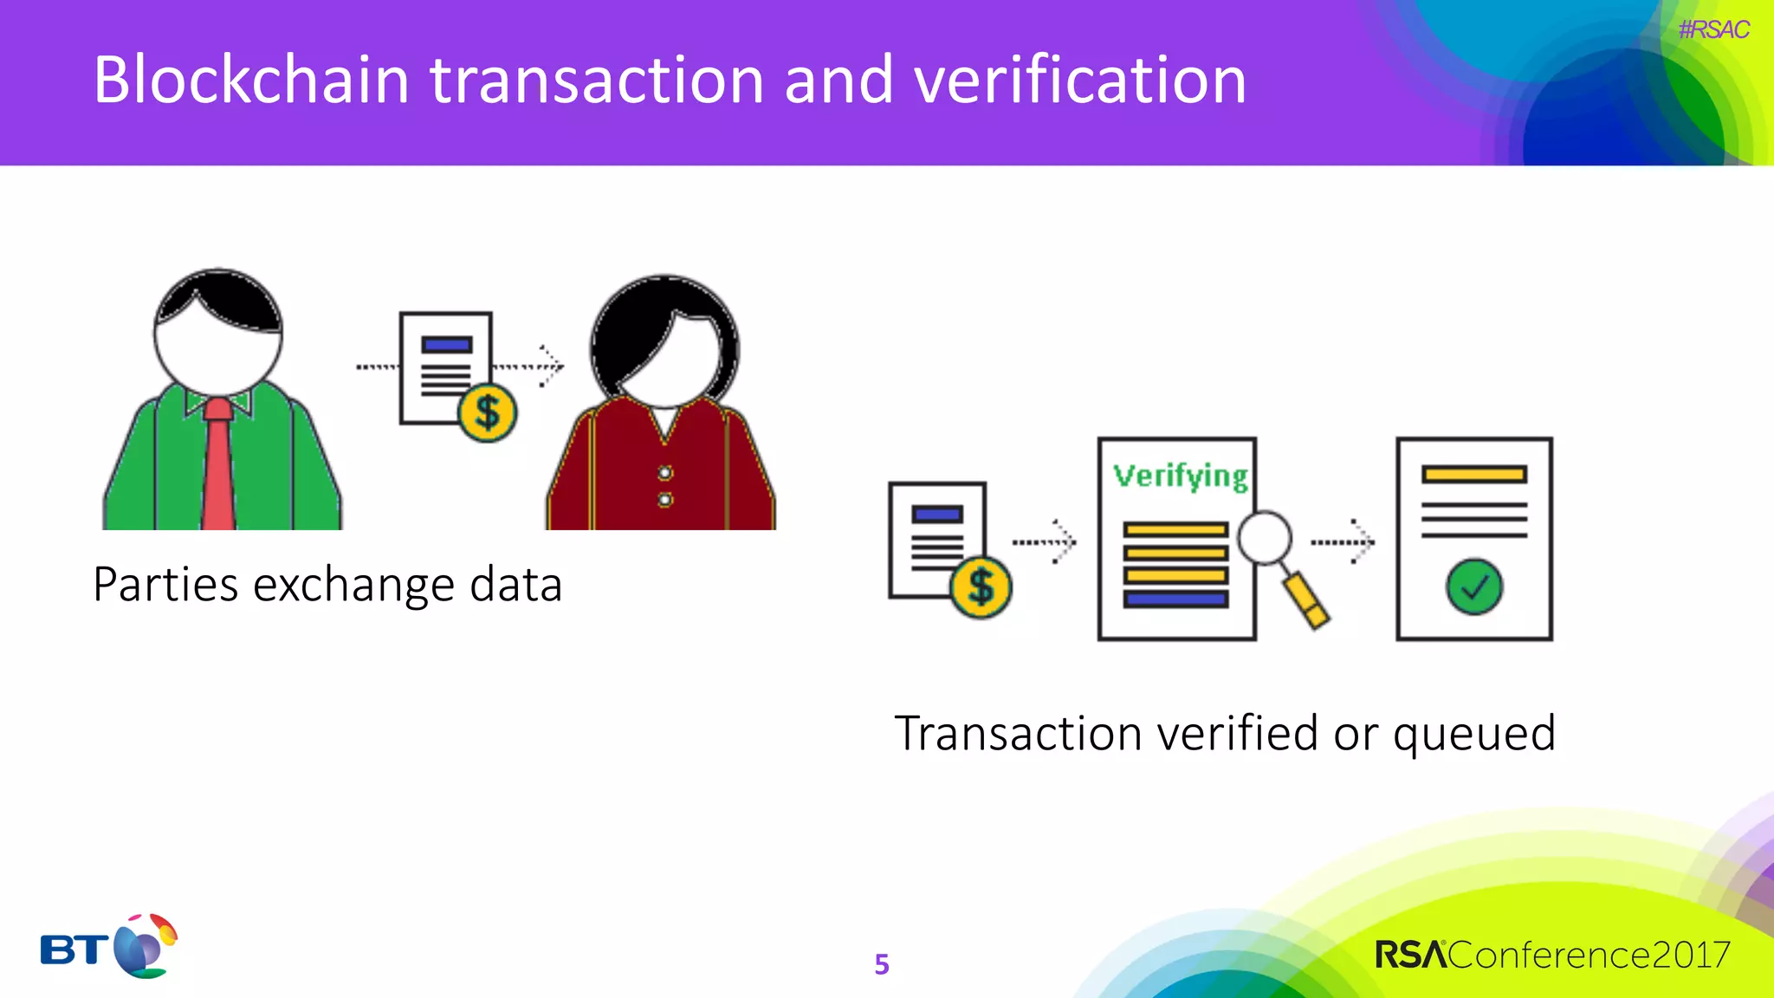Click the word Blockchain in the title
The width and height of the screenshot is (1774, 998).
[x=251, y=80]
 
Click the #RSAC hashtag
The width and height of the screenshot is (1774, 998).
[x=1713, y=29]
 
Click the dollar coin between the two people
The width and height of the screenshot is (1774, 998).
[x=488, y=413]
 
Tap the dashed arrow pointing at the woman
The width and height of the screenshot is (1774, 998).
[x=530, y=366]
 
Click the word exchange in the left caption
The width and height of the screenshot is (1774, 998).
[x=353, y=585]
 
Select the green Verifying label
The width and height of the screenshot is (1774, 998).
[x=1181, y=476]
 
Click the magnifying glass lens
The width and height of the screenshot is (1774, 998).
[x=1265, y=538]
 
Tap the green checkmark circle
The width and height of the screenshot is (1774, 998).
[x=1474, y=587]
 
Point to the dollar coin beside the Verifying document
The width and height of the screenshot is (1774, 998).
[x=981, y=587]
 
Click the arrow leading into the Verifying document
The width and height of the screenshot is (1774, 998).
[x=1045, y=542]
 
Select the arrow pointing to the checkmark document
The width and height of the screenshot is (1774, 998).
[x=1343, y=542]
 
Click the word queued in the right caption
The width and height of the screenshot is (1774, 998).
[x=1474, y=735]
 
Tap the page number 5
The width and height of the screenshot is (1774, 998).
[x=882, y=964]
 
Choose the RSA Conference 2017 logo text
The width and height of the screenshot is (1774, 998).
[x=1552, y=955]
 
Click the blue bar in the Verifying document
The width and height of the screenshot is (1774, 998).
[x=1175, y=599]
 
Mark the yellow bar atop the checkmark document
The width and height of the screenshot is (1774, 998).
[x=1473, y=474]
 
